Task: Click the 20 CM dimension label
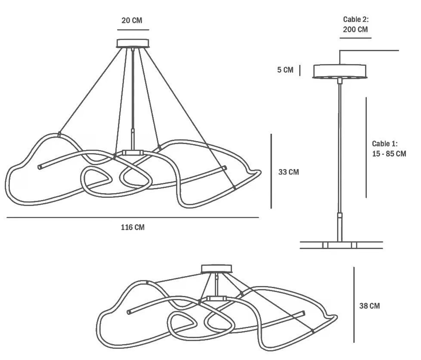[x=132, y=20]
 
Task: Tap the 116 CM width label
[x=133, y=227]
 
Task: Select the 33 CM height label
[x=289, y=172]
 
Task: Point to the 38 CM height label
[x=369, y=306]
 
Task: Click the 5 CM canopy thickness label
[x=285, y=70]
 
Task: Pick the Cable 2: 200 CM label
[x=356, y=24]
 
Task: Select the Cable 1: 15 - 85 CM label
[x=389, y=149]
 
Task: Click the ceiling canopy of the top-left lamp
[x=133, y=43]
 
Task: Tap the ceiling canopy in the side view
[x=340, y=71]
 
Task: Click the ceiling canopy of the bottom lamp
[x=217, y=268]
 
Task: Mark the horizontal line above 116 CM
[x=133, y=218]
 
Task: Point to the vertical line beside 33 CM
[x=271, y=171]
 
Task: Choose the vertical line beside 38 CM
[x=354, y=305]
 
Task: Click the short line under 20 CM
[x=133, y=30]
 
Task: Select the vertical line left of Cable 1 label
[x=366, y=148]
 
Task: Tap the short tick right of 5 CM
[x=300, y=70]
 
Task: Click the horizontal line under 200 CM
[x=356, y=38]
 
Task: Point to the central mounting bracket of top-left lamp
[x=132, y=153]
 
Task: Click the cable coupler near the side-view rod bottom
[x=340, y=215]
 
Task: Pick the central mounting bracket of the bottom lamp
[x=217, y=298]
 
